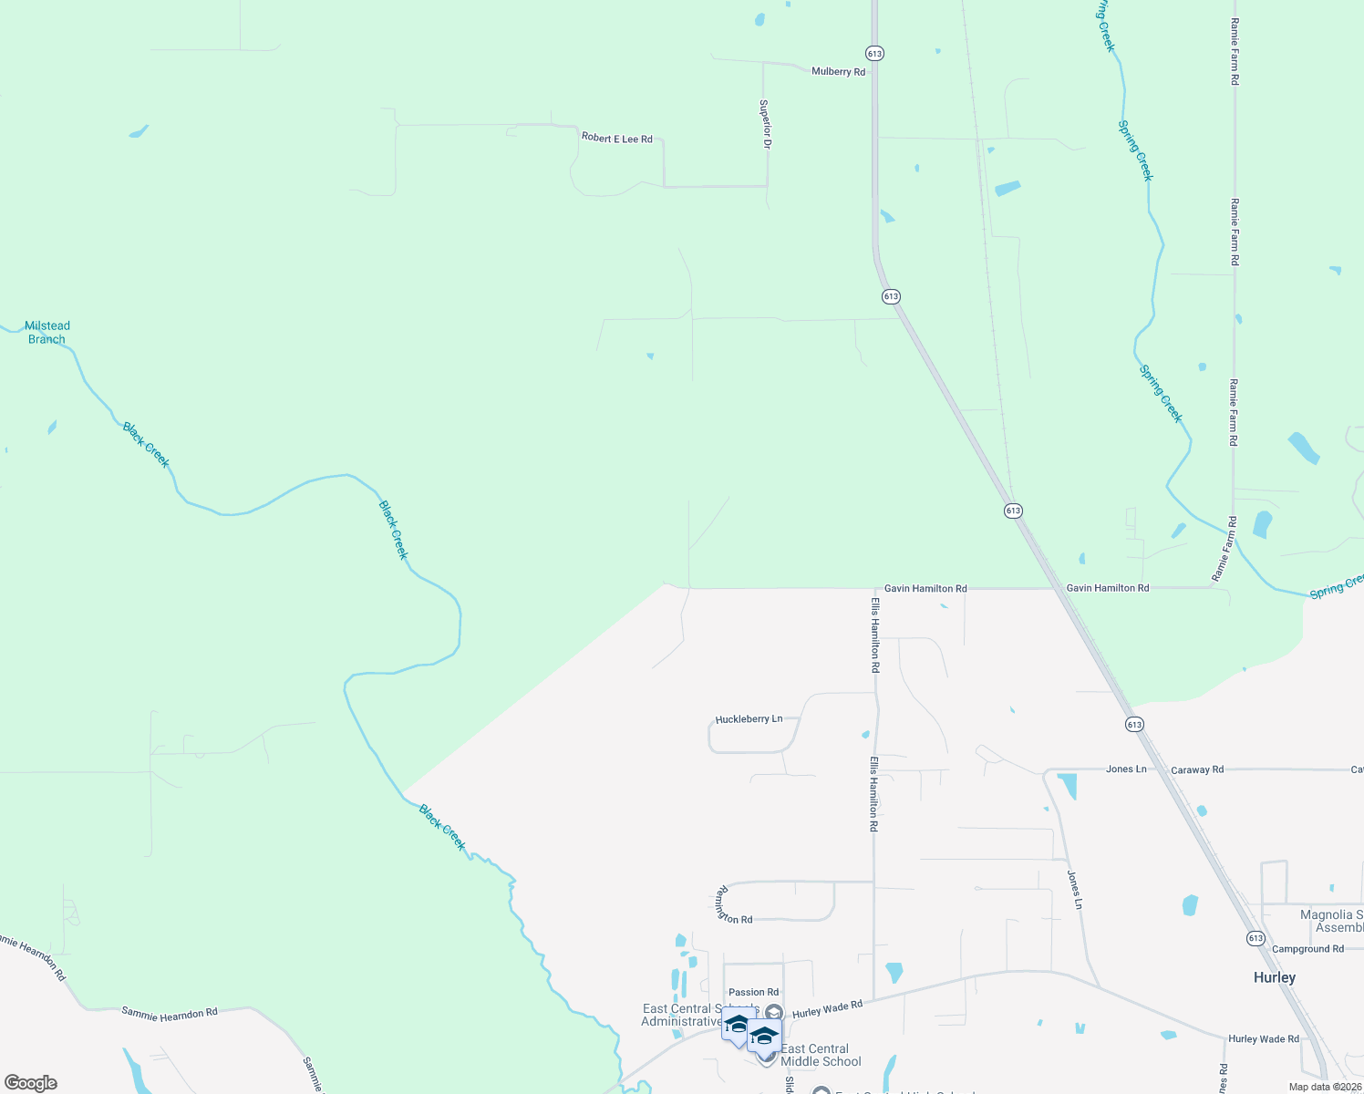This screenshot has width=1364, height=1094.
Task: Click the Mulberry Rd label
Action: tap(838, 71)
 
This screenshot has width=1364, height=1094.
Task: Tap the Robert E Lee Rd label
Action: tap(617, 139)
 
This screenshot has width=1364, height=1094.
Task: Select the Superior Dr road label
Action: tap(766, 124)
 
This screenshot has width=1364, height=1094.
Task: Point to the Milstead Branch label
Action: tap(46, 332)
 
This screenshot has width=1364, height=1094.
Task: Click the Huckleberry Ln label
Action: tap(749, 719)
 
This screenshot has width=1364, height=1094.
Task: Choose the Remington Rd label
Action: tap(735, 905)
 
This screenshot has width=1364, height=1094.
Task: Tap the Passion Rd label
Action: tap(753, 992)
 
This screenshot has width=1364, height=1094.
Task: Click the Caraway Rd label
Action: tap(1197, 769)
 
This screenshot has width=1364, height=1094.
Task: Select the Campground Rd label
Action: tap(1307, 949)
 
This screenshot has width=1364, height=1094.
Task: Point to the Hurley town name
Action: tap(1274, 977)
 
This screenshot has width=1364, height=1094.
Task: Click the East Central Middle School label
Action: tap(821, 1055)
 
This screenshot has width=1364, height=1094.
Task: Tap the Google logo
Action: tap(31, 1083)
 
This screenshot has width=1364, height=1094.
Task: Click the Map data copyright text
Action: tap(1325, 1087)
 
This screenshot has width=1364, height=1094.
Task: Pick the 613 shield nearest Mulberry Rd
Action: tap(874, 54)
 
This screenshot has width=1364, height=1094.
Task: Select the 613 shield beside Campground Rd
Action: tap(1255, 938)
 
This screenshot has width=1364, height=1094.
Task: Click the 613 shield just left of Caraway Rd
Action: tap(1133, 725)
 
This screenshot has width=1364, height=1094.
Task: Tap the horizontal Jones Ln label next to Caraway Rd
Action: tap(1126, 769)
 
